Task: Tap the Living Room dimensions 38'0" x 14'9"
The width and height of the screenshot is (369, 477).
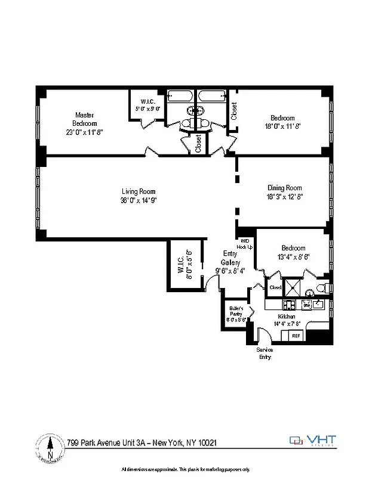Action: (x=139, y=200)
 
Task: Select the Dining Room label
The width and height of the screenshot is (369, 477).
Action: (x=284, y=188)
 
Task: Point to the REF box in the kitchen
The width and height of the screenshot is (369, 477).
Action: (x=295, y=336)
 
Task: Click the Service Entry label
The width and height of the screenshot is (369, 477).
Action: (x=265, y=354)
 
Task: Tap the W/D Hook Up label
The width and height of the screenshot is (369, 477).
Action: (x=245, y=244)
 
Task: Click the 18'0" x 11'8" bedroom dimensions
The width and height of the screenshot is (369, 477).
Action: (x=282, y=126)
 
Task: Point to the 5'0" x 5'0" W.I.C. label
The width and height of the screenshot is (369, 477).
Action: (x=148, y=105)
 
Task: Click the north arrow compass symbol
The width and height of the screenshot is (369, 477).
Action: (x=50, y=446)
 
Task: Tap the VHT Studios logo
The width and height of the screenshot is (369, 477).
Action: (x=313, y=441)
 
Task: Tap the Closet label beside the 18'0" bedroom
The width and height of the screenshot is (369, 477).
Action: (x=233, y=111)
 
